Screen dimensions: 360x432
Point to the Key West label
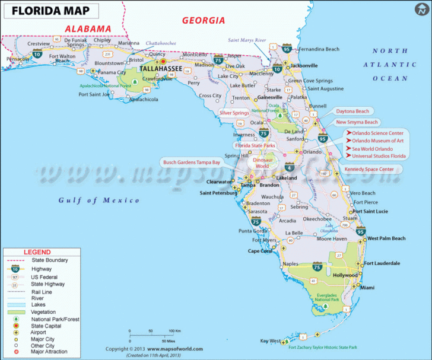point(271,341)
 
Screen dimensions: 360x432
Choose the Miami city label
point(367,288)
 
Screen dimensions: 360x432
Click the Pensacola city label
point(18,59)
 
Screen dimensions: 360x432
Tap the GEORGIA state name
point(204,20)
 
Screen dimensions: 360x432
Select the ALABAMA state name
point(88,28)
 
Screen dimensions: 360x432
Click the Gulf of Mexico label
point(99,200)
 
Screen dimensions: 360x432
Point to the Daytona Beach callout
point(352,111)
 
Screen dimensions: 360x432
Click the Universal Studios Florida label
point(379,156)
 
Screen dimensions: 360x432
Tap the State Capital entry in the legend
point(49,326)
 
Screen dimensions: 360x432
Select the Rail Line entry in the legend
point(42,292)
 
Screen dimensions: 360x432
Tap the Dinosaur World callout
point(262,163)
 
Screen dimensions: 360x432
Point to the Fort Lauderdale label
point(382,263)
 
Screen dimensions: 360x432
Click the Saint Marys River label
point(250,40)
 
